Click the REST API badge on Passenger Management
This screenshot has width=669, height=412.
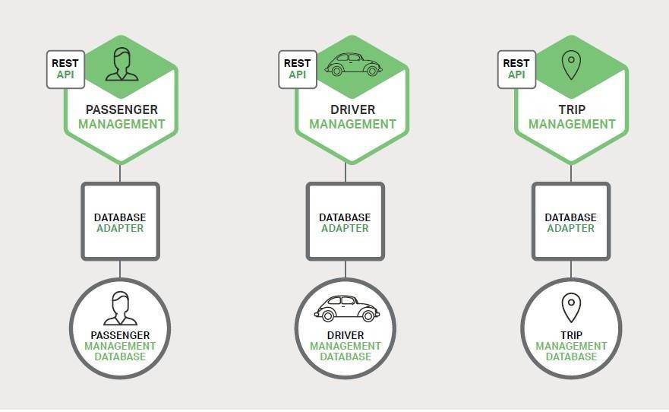65,69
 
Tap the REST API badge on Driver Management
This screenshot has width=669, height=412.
298,69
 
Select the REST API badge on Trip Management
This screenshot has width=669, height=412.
516,69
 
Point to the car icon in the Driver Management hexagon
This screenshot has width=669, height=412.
353,65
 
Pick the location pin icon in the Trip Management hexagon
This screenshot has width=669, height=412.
571,65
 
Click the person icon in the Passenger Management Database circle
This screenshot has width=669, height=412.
120,308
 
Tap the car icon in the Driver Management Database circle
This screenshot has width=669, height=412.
346,309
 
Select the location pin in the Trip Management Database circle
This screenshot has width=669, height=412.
571,308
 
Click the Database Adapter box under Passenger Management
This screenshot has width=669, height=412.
120,221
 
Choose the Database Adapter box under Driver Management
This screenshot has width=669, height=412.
346,221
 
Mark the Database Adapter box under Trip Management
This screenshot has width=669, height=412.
571,221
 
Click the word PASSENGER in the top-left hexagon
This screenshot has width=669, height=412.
121,109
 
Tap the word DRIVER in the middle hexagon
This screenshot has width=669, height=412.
352,109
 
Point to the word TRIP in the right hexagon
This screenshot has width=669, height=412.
572,109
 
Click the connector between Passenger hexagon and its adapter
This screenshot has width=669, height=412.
120,173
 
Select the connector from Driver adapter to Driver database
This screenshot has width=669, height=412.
346,269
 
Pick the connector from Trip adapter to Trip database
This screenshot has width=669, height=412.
571,269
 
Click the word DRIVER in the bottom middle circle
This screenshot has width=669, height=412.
346,335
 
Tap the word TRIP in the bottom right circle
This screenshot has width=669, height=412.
571,335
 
